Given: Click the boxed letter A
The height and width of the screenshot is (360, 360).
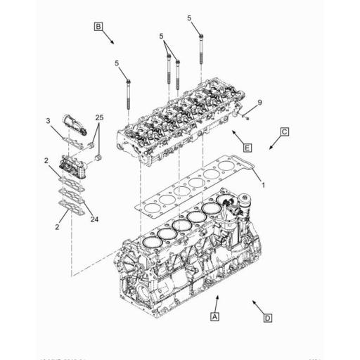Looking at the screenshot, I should coord(215,317).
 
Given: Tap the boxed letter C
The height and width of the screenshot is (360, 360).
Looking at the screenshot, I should coord(285,131).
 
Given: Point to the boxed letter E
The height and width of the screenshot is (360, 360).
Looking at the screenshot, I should coord(247,147).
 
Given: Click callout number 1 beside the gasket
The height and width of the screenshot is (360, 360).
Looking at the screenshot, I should coord(263,184).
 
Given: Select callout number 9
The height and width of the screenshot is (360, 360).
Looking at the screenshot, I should coord(259,103).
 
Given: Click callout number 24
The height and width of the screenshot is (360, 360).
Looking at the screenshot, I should coord(94,218).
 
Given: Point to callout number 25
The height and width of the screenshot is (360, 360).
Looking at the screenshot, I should coord(99,116).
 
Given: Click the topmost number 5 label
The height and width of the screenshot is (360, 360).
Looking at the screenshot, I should coord(189,17).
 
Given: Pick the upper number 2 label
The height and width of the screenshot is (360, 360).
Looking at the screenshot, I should coord(46,161).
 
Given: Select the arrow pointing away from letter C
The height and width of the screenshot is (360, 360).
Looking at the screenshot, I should coord(272,145).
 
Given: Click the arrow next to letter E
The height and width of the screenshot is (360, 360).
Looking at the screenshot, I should coord(235,134).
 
